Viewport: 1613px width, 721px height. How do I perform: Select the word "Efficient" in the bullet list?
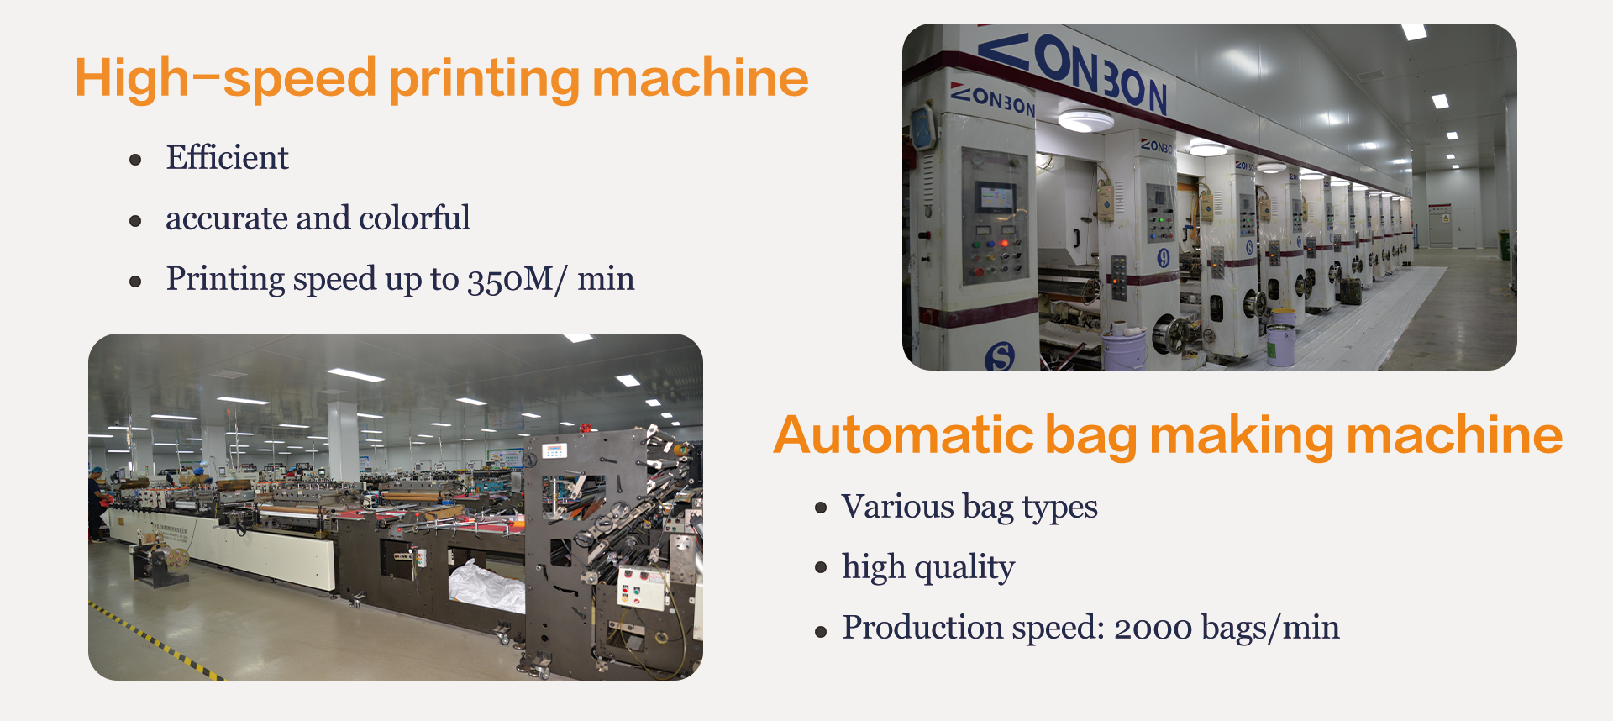[227, 157]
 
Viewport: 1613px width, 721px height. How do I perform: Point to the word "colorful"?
[414, 218]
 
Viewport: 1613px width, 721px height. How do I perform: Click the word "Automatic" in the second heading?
[903, 435]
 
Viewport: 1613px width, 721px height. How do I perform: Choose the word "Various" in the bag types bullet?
[898, 506]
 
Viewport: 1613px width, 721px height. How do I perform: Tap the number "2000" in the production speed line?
[1153, 628]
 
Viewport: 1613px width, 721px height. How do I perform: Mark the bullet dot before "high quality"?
[822, 568]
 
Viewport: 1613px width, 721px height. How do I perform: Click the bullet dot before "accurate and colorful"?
[136, 221]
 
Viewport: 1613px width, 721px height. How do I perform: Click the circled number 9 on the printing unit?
[1164, 258]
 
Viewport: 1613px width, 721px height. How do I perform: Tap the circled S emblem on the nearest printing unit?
[1000, 357]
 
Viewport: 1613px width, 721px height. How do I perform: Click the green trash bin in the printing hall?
[1503, 245]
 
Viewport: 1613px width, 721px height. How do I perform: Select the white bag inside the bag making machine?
[487, 587]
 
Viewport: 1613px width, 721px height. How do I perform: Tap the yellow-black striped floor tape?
[155, 641]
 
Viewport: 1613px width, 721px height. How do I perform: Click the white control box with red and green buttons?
[643, 587]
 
